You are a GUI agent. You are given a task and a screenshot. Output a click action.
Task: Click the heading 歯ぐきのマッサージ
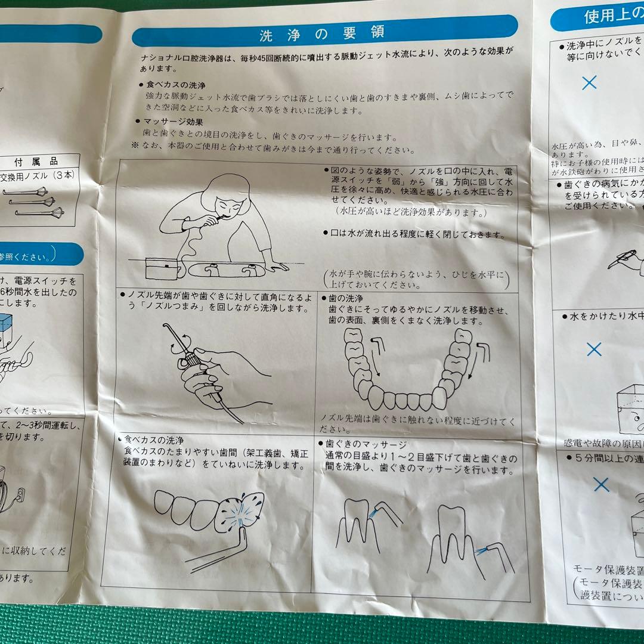(366, 444)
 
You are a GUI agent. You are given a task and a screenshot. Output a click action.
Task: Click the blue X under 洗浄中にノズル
(589, 83)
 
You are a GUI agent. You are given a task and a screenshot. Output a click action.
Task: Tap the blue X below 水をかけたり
(594, 349)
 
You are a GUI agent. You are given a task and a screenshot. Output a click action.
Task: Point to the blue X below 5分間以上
(602, 484)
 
